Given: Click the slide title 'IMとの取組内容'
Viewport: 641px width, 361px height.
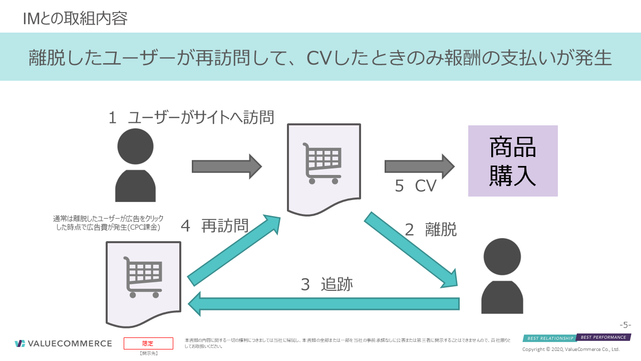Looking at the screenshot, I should [75, 19].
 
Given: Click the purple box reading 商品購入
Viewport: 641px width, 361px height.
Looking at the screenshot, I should [513, 161].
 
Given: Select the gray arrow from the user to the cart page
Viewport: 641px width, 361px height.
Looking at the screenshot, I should [226, 166].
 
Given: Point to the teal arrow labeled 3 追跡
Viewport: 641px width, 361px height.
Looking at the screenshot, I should [324, 303].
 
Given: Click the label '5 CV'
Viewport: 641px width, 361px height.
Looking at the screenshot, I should [416, 186].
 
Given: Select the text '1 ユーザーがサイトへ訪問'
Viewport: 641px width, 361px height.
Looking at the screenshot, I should [191, 118].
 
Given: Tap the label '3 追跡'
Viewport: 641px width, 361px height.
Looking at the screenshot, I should [327, 284].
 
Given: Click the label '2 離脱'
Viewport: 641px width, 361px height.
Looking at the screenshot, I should [431, 230].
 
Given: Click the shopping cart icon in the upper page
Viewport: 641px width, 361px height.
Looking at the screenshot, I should [322, 163].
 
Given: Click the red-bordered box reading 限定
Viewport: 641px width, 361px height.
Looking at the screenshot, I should [148, 343].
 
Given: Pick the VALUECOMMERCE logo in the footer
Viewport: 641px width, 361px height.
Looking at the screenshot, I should [63, 343].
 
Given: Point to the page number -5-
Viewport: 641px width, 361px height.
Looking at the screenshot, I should [625, 324].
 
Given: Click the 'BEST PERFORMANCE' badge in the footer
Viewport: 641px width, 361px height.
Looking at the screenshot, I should [603, 337].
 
